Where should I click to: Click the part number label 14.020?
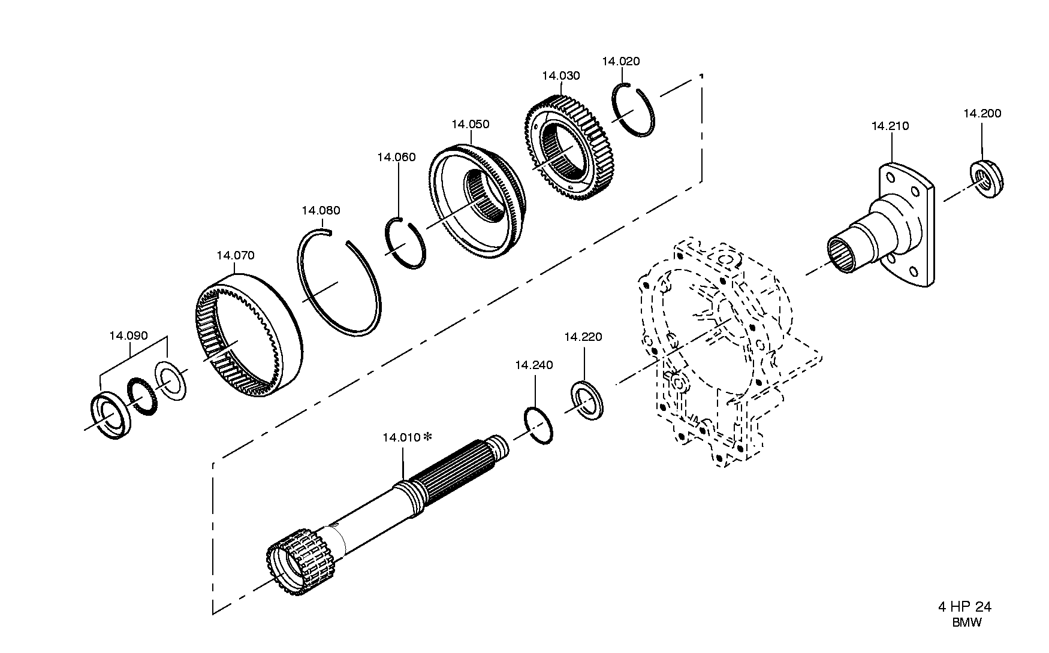[620, 61]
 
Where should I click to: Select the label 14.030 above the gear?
[560, 76]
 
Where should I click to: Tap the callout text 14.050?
[470, 125]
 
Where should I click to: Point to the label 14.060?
[396, 158]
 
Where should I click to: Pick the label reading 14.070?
[235, 256]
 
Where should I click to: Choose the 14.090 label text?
[128, 336]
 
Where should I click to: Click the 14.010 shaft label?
[401, 438]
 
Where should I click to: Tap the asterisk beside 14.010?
[427, 437]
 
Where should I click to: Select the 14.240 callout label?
[533, 365]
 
